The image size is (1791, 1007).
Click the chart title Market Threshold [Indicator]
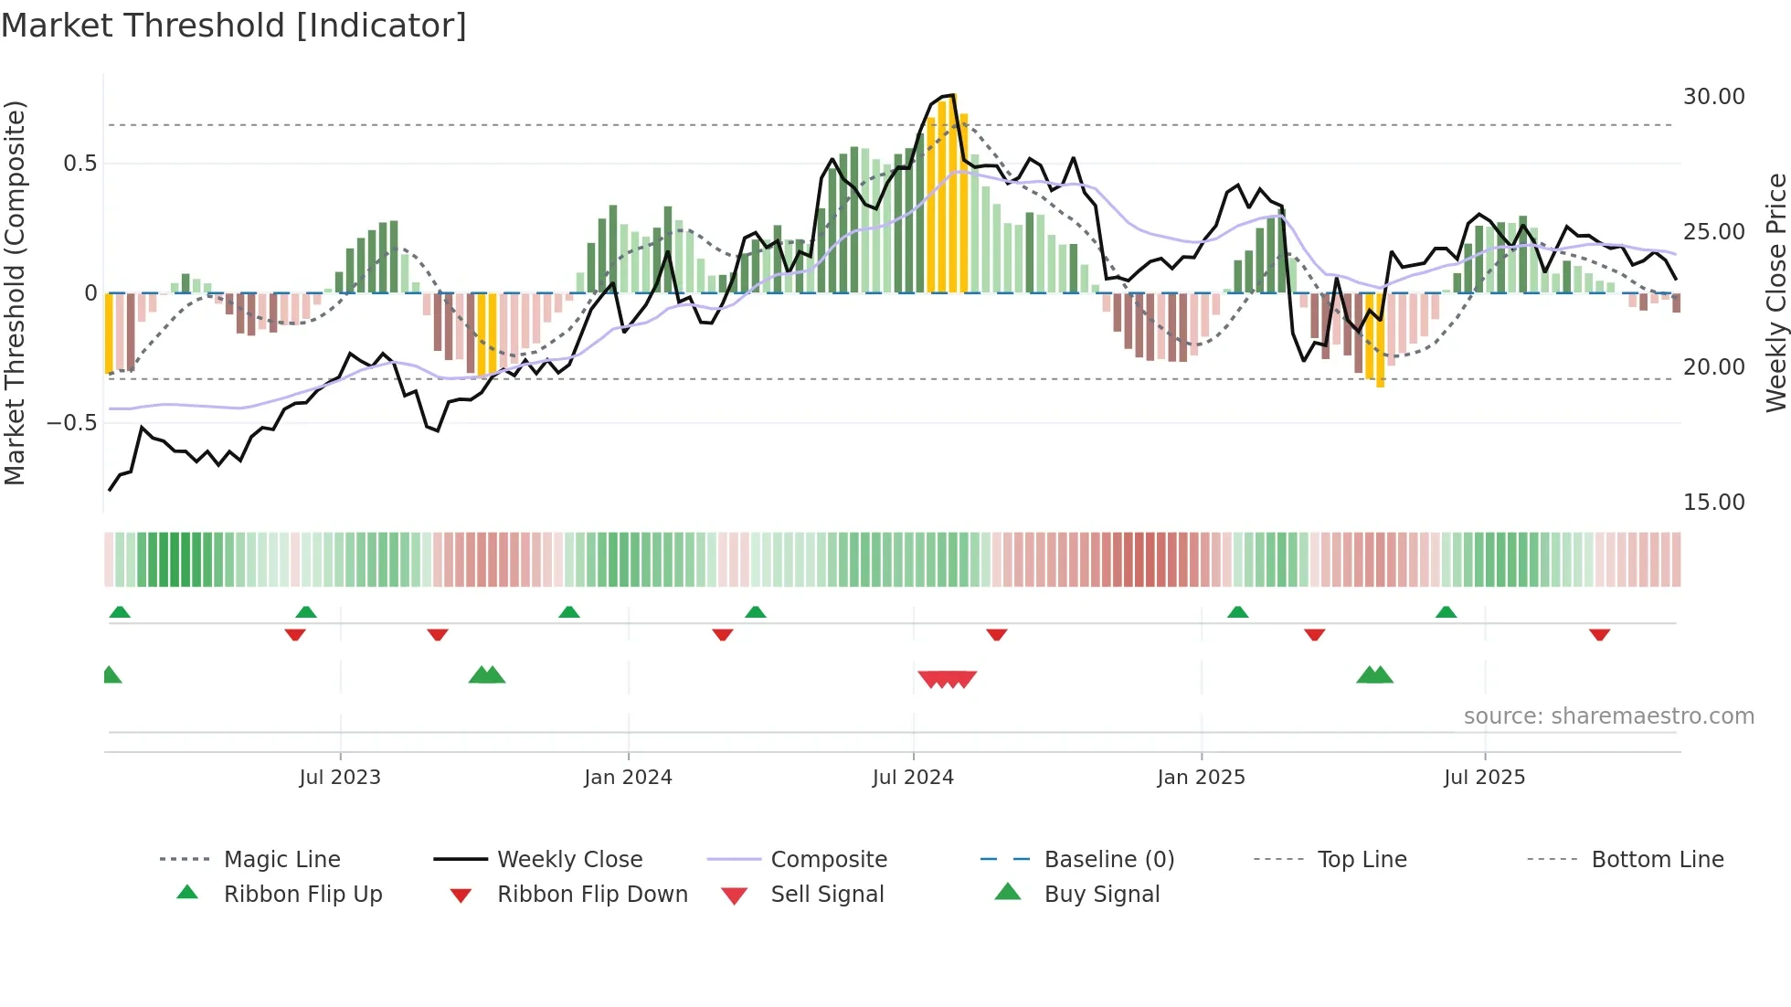click(x=234, y=26)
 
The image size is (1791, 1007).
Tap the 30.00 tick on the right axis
click(x=1713, y=97)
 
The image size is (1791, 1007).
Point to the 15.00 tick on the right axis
click(x=1713, y=503)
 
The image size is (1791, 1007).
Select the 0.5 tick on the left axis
click(x=79, y=164)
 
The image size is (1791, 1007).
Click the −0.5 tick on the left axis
click(x=71, y=423)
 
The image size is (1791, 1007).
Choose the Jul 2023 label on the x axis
click(x=339, y=778)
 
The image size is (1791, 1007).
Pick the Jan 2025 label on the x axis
click(x=1200, y=778)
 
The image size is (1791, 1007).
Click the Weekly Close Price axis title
click(x=1775, y=292)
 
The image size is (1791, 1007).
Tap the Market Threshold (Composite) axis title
click(x=15, y=292)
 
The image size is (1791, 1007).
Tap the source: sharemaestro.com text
click(x=1608, y=716)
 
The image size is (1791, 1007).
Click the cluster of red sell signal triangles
click(x=947, y=679)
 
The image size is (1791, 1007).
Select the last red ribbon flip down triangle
click(x=1599, y=634)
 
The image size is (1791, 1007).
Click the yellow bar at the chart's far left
click(x=109, y=334)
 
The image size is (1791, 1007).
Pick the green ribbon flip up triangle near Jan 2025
click(x=1237, y=612)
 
